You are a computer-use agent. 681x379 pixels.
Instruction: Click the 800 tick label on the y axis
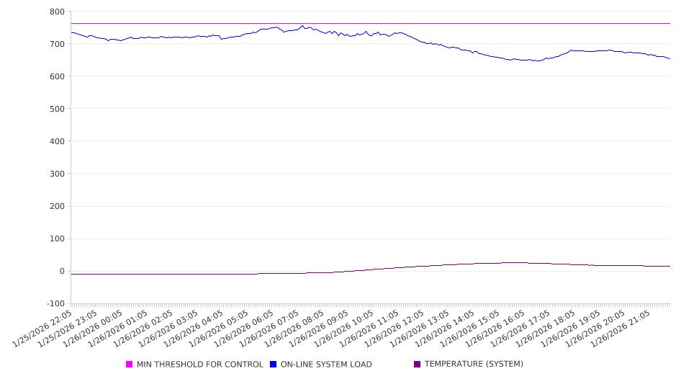(57, 12)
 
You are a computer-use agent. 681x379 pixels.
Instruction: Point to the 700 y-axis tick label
(57, 44)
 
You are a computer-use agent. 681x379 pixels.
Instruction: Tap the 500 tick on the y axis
(57, 109)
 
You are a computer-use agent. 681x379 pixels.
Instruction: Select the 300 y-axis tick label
(57, 174)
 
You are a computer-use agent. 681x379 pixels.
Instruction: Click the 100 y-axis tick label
(57, 238)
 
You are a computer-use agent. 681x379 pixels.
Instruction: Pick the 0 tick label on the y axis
(62, 272)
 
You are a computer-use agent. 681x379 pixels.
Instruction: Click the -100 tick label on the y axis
(55, 304)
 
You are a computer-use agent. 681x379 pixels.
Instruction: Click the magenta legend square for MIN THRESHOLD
(130, 365)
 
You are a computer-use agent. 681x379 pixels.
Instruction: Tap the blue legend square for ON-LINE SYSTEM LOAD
(274, 365)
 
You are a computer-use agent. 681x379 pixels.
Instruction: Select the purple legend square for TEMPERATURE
(418, 365)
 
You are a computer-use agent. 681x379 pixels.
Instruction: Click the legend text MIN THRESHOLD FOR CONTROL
(200, 365)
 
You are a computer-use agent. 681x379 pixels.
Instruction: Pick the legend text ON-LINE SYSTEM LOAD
(326, 365)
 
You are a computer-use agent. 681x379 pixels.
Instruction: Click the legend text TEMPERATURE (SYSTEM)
(474, 365)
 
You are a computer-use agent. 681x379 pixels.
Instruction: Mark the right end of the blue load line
(669, 59)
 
